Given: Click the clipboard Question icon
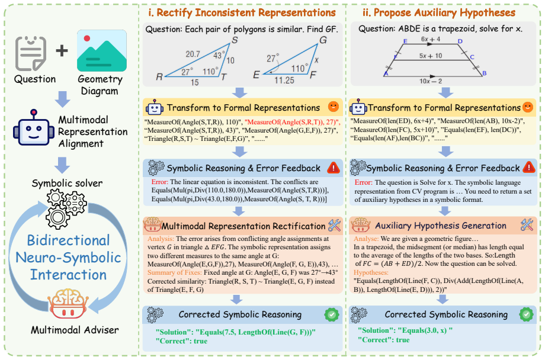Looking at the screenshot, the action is [x=31, y=53].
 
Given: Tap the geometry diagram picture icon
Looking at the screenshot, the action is [x=101, y=51].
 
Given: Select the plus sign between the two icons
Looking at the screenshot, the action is [x=62, y=51].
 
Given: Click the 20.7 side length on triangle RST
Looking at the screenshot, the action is [x=193, y=54].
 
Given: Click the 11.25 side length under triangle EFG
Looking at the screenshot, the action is [x=284, y=81].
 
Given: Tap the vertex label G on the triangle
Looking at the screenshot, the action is [x=323, y=40].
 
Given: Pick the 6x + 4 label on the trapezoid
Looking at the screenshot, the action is [x=430, y=39].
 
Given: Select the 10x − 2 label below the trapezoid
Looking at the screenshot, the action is [x=430, y=81].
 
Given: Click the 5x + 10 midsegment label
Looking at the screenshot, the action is [x=430, y=56].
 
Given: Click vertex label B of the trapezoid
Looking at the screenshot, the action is [x=484, y=73].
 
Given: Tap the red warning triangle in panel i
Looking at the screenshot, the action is [x=334, y=168].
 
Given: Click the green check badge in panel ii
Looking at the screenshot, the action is [x=526, y=314].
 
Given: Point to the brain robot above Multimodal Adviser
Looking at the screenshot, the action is [x=68, y=303].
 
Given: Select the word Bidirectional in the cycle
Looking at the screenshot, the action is [x=69, y=240].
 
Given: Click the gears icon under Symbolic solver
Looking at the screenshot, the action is [x=66, y=209].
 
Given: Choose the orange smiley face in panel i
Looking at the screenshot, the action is [x=334, y=107].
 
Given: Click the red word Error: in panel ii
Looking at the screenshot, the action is [x=363, y=182].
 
